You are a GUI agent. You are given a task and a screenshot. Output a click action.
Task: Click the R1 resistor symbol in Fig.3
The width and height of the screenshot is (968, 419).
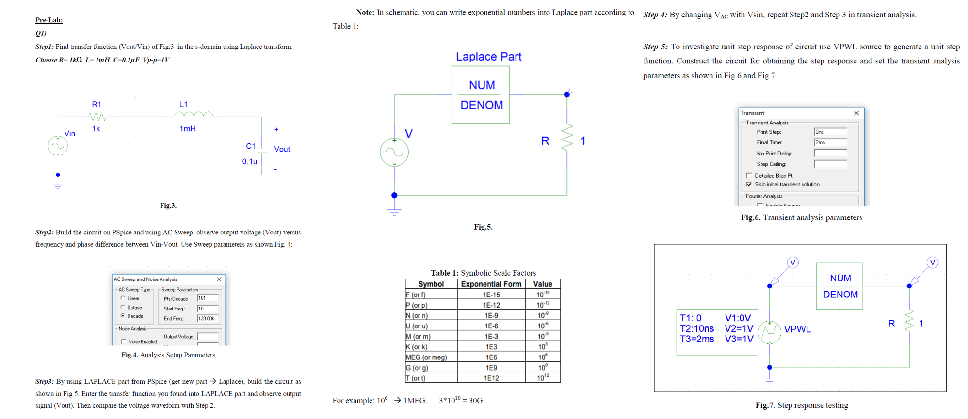[97, 116]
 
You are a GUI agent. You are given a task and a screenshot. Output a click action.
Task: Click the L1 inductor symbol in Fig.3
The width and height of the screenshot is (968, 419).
[194, 115]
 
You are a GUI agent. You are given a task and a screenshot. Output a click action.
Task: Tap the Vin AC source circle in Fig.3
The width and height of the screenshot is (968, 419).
[58, 146]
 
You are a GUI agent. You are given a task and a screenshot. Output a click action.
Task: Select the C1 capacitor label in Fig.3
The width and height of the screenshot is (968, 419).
[251, 146]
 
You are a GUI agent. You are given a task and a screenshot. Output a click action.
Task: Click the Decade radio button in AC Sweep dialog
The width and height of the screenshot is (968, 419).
[123, 316]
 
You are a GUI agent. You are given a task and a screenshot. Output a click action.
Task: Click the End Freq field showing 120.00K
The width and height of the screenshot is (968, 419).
[208, 318]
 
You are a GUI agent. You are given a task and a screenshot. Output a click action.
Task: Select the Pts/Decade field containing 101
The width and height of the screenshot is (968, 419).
[208, 298]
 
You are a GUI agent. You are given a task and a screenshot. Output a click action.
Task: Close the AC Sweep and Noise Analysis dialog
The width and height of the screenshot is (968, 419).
[219, 279]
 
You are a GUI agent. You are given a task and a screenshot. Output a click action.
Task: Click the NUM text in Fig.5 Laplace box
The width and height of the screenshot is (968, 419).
[482, 85]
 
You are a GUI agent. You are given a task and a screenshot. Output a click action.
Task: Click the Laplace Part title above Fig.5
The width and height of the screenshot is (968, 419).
[488, 57]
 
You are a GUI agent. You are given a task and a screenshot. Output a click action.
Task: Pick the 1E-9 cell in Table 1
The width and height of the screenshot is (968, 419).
[491, 315]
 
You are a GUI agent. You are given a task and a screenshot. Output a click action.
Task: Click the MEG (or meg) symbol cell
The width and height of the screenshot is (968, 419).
[426, 357]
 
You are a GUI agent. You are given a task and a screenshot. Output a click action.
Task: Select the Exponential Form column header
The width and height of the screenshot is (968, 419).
[491, 284]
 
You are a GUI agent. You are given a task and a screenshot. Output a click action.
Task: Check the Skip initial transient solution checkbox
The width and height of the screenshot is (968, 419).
[749, 184]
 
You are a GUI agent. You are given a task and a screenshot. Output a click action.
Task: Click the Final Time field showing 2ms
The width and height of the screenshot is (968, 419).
[830, 142]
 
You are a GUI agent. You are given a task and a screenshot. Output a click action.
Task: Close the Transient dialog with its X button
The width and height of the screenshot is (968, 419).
[856, 113]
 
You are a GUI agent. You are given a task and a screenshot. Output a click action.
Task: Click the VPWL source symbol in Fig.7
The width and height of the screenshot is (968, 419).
[769, 332]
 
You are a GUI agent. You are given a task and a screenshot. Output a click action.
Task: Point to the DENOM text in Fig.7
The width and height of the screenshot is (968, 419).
[840, 295]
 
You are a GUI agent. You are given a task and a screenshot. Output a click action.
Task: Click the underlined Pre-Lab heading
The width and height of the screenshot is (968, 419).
[49, 20]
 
